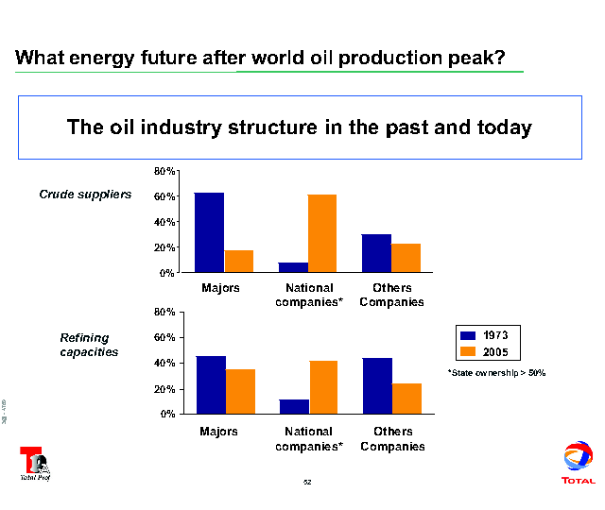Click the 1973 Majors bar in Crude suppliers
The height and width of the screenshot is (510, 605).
click(209, 232)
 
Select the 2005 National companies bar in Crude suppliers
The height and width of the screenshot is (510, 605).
click(321, 233)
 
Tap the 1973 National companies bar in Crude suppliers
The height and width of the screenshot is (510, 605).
click(293, 267)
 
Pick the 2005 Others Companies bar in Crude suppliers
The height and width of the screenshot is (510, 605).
click(406, 258)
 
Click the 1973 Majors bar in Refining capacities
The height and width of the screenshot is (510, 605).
click(211, 384)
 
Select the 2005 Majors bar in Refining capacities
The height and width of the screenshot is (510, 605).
click(240, 391)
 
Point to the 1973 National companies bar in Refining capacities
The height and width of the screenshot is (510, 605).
click(294, 406)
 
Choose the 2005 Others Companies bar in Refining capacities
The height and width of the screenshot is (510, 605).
click(406, 398)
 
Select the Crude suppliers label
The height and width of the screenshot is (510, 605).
click(84, 195)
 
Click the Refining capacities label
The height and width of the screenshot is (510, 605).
click(89, 345)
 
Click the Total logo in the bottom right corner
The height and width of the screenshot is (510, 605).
click(578, 463)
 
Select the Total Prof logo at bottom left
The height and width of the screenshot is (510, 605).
click(36, 462)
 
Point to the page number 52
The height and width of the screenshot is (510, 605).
click(307, 483)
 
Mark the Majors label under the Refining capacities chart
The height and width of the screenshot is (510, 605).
click(219, 432)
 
